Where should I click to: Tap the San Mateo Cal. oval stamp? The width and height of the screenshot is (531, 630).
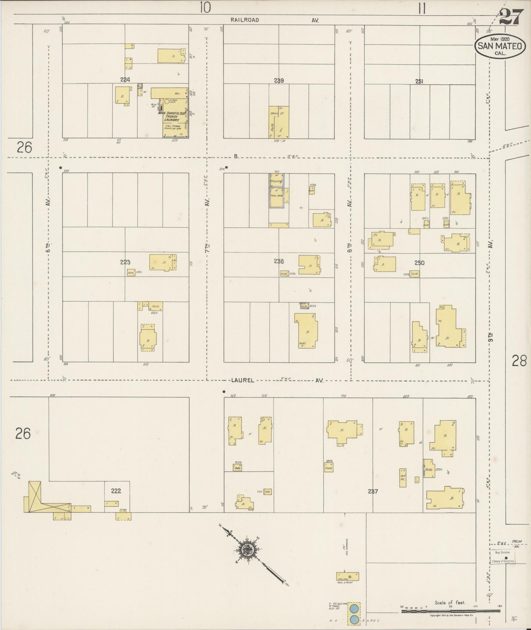tap(500, 47)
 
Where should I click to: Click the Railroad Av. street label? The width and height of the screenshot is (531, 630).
tap(275, 20)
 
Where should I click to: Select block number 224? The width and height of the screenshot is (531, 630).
tap(125, 79)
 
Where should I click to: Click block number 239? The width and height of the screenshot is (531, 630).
tap(279, 80)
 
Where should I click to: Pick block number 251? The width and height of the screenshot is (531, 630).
tap(419, 82)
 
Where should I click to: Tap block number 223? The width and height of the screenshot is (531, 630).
tap(125, 262)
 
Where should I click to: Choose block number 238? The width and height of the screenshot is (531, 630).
tap(279, 261)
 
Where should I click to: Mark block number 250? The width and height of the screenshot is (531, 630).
tap(419, 263)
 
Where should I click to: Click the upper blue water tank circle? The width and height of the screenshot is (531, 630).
tap(354, 608)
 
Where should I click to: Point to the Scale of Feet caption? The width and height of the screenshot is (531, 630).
tap(450, 602)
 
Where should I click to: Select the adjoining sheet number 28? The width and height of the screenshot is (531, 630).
tap(519, 361)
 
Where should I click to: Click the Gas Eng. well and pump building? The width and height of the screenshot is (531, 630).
tap(347, 576)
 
